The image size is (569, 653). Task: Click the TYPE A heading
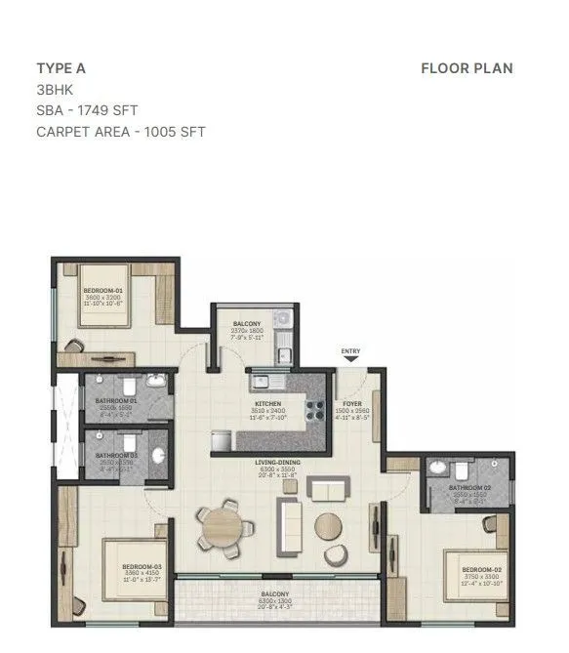61,68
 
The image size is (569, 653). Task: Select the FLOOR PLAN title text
467,68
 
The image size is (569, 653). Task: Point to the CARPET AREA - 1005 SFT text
121,132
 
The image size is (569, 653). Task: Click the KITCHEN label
268,403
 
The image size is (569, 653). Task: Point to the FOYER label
350,403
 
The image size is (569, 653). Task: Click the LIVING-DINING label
279,462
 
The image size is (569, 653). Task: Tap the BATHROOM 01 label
116,400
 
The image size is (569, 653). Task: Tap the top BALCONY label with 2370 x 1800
246,324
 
